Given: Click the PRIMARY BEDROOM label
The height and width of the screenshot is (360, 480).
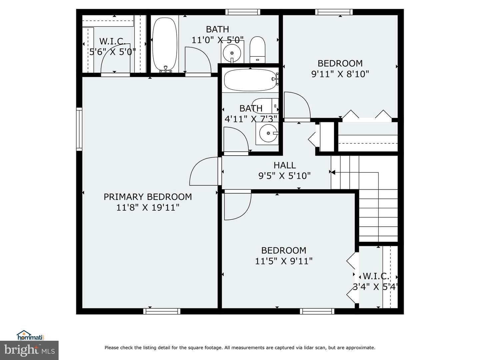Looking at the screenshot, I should (148, 197).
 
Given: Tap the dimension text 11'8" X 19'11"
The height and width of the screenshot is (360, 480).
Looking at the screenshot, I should (148, 207).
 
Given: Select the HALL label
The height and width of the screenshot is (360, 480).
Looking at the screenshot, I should (285, 165).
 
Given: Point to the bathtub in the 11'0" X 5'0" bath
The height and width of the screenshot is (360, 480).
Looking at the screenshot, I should (164, 43).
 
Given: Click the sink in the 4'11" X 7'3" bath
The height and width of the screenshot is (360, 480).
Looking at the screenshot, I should (267, 133).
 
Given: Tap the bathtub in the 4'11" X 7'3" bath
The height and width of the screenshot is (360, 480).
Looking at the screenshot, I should (250, 80).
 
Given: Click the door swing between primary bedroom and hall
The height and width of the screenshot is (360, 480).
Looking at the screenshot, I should (203, 172).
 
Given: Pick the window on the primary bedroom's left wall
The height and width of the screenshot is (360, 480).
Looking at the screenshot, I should (79, 129).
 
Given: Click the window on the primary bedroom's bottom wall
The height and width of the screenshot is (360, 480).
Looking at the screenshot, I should (162, 311).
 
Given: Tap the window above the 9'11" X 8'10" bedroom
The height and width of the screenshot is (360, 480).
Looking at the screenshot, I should (334, 12).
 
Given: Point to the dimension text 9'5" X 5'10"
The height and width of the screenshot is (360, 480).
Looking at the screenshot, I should (285, 176).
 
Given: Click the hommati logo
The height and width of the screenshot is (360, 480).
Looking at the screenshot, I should (31, 335).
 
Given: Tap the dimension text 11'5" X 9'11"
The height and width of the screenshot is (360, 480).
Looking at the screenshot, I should (284, 261).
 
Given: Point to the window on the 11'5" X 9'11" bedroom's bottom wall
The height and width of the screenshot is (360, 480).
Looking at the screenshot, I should (317, 311).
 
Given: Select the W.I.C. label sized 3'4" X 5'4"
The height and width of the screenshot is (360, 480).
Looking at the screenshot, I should (376, 276).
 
